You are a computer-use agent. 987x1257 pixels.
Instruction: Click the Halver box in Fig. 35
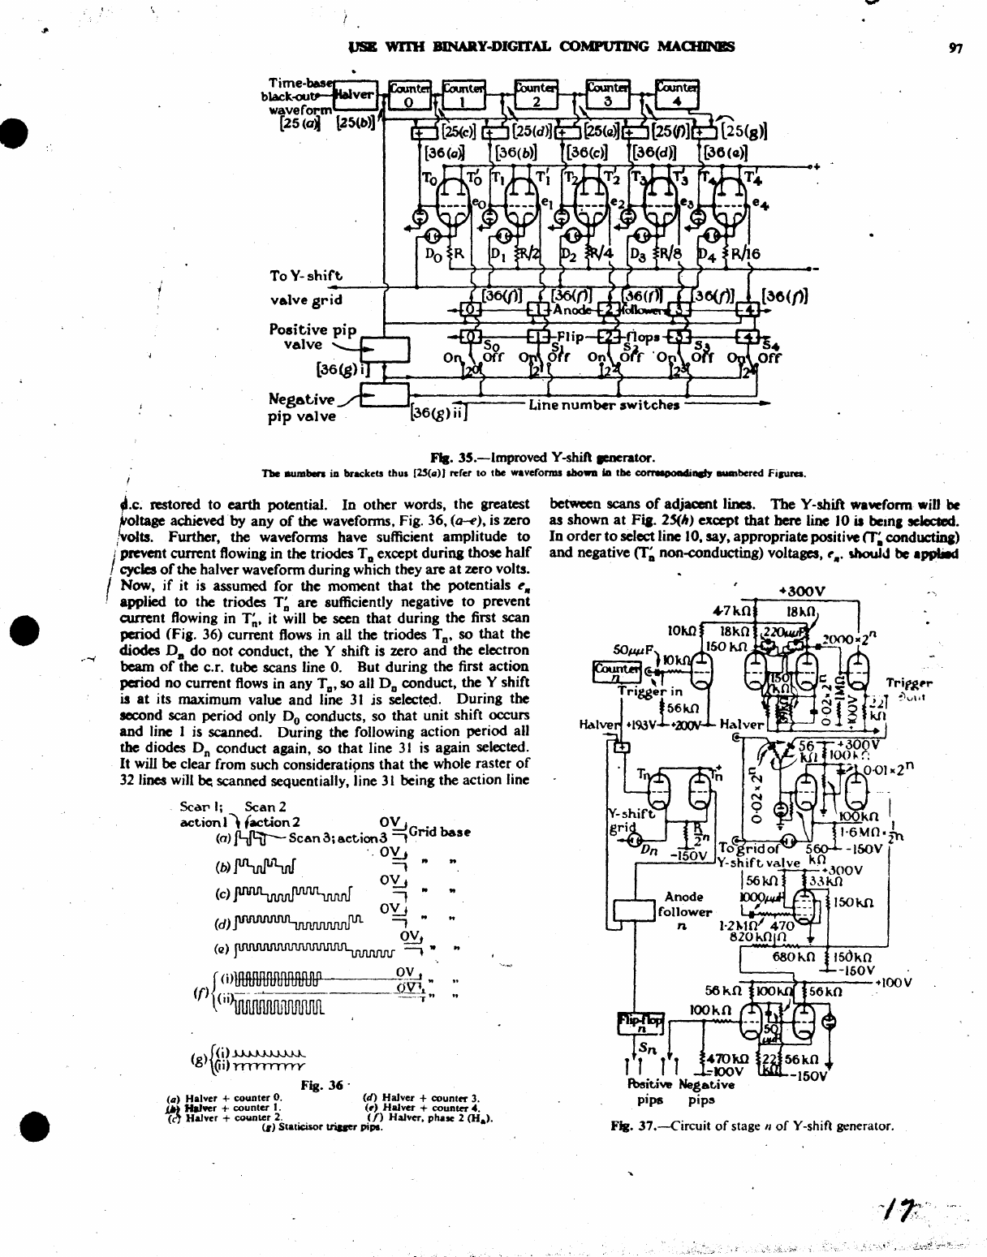357,95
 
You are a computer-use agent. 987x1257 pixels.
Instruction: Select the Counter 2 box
536,96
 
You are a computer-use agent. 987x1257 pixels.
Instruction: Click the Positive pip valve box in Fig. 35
385,349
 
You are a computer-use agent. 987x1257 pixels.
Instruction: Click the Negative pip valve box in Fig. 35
385,395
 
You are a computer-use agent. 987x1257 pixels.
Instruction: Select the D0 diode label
433,252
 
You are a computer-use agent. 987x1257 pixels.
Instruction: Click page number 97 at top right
955,48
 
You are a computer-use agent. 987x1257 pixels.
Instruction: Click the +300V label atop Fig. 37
801,590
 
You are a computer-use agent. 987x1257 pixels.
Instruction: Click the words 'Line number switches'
604,404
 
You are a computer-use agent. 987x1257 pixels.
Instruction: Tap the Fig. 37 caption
752,1126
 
